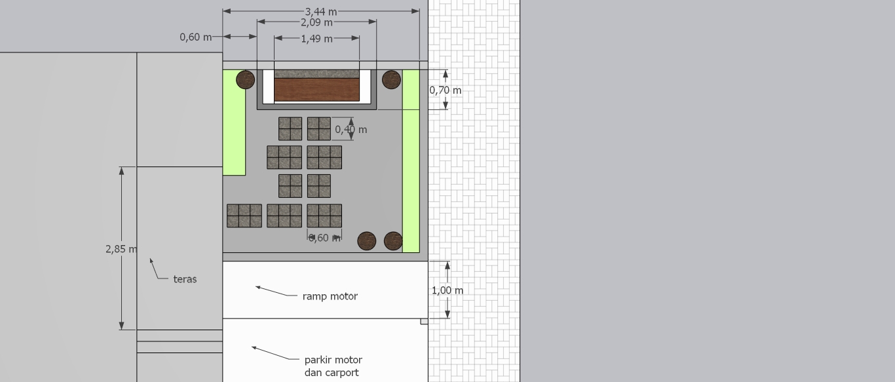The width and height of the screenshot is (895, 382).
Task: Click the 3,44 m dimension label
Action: pyautogui.click(x=321, y=12)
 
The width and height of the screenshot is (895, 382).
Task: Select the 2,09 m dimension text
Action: pyautogui.click(x=316, y=22)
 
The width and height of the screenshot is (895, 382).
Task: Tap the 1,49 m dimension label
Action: pyautogui.click(x=316, y=39)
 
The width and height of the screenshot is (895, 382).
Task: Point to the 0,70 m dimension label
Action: pyautogui.click(x=445, y=90)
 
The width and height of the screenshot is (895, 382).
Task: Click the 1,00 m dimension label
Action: pyautogui.click(x=447, y=290)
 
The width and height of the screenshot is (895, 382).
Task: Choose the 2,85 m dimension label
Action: pyautogui.click(x=121, y=249)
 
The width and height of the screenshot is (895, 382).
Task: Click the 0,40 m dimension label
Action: pyautogui.click(x=351, y=130)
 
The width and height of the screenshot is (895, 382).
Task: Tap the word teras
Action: pyautogui.click(x=185, y=279)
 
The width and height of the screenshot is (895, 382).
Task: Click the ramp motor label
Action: pyautogui.click(x=330, y=296)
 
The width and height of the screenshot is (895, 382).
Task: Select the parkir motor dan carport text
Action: pyautogui.click(x=333, y=366)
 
